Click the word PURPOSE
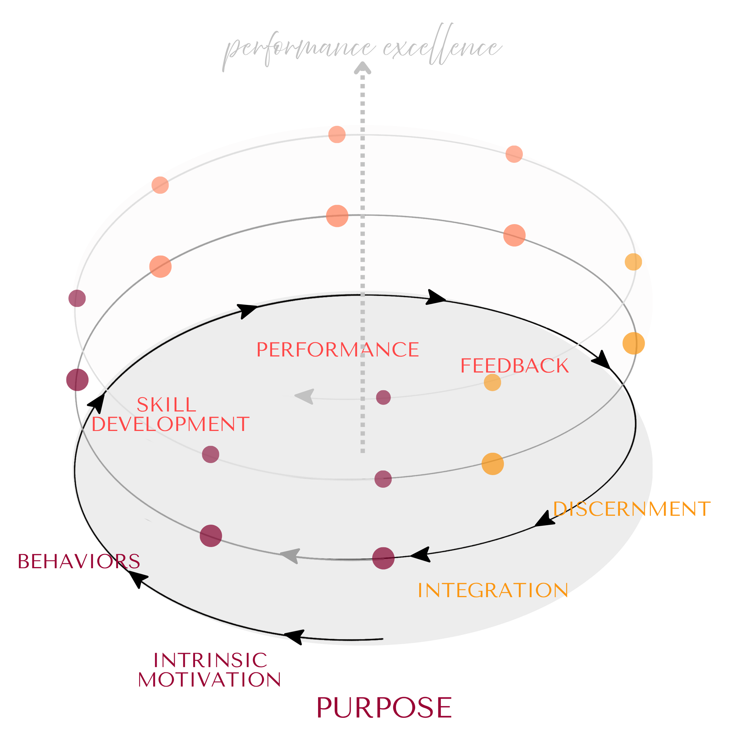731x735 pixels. (384, 707)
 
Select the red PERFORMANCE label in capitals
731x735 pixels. (337, 350)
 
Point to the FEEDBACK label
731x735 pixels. (514, 366)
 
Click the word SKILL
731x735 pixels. (166, 405)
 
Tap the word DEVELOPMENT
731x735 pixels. (170, 424)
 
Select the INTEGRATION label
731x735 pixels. (493, 590)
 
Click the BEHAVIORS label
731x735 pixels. (79, 561)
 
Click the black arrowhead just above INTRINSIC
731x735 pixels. (295, 636)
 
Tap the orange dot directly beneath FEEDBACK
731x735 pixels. (492, 382)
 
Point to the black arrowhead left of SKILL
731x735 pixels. (97, 403)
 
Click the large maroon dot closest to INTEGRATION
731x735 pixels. (383, 558)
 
